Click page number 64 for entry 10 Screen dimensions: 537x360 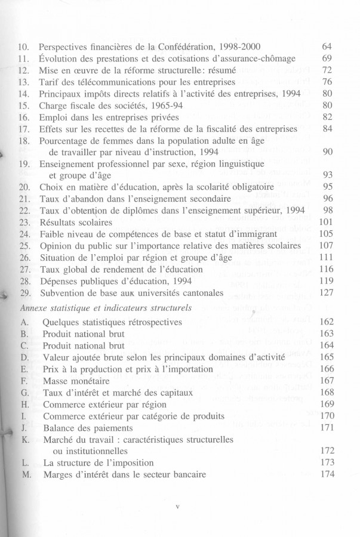click(x=326, y=47)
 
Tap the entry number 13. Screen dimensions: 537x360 click(x=23, y=82)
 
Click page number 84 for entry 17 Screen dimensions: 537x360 click(x=326, y=128)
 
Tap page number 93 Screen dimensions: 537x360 click(x=326, y=175)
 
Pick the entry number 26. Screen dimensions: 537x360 click(x=23, y=257)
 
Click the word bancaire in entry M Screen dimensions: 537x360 click(x=186, y=475)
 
